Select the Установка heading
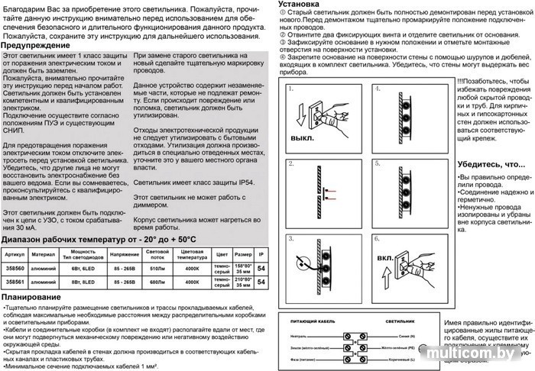click(x=306, y=5)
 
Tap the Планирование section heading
click(x=34, y=296)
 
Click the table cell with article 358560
click(x=15, y=268)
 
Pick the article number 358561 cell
click(x=15, y=282)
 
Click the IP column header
click(x=261, y=253)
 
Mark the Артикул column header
click(x=15, y=253)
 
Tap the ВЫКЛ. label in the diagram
click(x=302, y=140)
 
